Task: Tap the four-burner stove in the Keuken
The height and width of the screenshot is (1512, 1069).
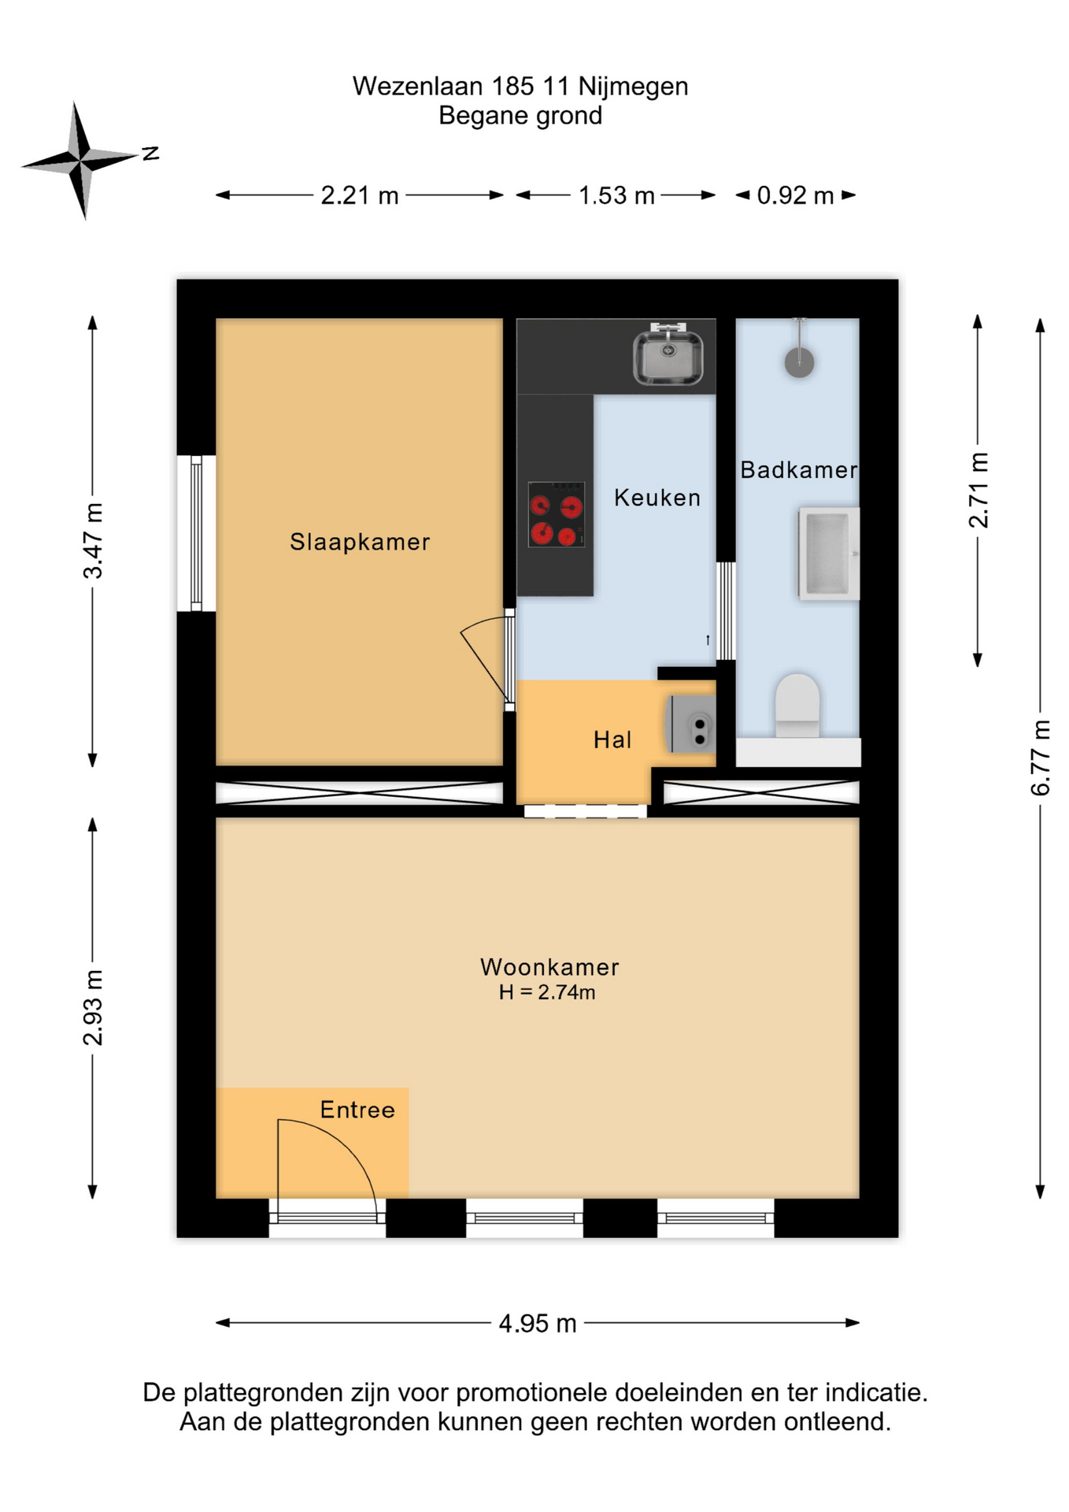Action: (557, 513)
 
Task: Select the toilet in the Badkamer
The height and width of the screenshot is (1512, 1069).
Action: (797, 705)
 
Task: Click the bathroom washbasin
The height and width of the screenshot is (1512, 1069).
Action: (829, 554)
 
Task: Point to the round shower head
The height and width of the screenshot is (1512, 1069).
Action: (799, 362)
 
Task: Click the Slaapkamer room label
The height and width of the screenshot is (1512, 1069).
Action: (360, 542)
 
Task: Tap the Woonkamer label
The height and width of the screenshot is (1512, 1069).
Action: (549, 966)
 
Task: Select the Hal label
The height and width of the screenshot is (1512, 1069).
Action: (612, 739)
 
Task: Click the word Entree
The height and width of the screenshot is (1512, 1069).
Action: (357, 1110)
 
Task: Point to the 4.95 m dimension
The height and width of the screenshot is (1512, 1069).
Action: (538, 1323)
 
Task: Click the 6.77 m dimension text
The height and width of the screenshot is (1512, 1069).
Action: (1040, 757)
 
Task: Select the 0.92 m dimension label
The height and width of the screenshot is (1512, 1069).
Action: (795, 195)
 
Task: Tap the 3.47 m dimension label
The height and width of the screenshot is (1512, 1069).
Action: (93, 540)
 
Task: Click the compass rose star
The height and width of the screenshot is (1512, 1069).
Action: (80, 160)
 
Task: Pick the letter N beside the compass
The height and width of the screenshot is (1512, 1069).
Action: (150, 153)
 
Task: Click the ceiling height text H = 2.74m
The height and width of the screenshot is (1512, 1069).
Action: (547, 992)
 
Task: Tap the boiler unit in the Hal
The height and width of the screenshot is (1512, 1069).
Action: (691, 723)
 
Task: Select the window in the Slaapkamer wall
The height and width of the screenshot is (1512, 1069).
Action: (196, 533)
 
